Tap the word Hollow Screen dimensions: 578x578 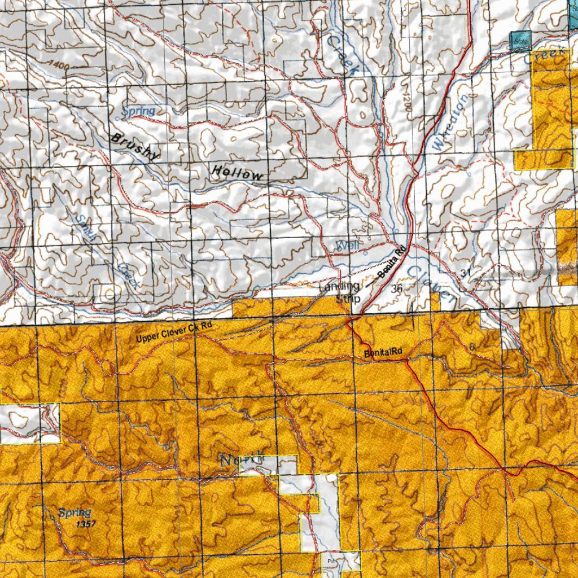(x=237, y=173)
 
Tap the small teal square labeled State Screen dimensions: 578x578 (x=520, y=41)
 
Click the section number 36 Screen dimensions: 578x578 (x=397, y=288)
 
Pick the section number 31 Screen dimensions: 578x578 (x=465, y=273)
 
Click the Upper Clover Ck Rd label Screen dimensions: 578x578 (x=174, y=333)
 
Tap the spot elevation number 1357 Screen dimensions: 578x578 (x=85, y=524)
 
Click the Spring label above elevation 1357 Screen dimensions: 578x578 (x=74, y=513)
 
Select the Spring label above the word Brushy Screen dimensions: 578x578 (x=138, y=111)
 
